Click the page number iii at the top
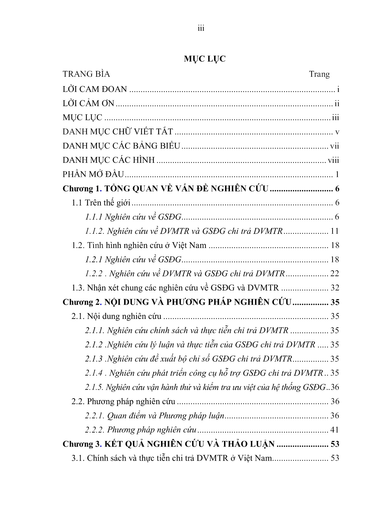(x=201, y=28)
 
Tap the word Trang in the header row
(x=319, y=74)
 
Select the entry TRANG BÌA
(x=86, y=74)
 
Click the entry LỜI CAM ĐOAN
(x=95, y=89)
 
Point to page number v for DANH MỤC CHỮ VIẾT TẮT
(x=337, y=132)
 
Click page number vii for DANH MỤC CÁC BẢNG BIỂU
(x=335, y=146)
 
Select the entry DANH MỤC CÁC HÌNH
(x=108, y=160)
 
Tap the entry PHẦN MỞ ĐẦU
(x=93, y=175)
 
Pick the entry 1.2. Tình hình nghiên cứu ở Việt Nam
(x=139, y=245)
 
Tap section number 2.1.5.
(x=94, y=388)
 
